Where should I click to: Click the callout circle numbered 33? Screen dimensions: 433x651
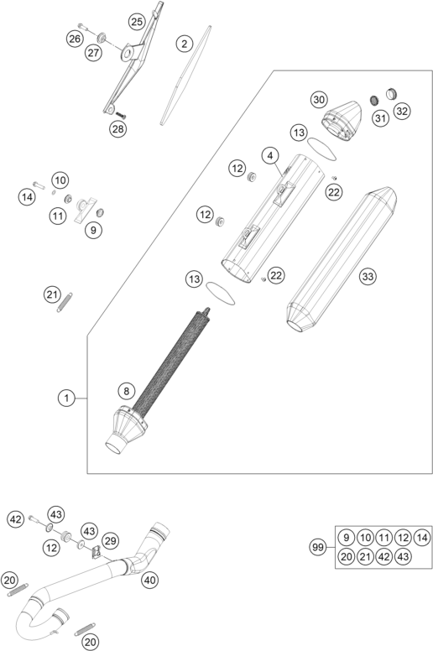pyautogui.click(x=368, y=276)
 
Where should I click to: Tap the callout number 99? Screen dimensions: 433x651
pyautogui.click(x=317, y=547)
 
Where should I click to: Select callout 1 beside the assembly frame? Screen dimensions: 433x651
pyautogui.click(x=66, y=398)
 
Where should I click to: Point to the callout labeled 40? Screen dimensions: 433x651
pyautogui.click(x=150, y=579)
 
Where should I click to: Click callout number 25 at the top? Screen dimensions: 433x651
pyautogui.click(x=137, y=22)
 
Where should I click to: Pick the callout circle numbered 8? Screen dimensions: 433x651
pyautogui.click(x=127, y=391)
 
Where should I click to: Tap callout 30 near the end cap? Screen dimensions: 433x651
pyautogui.click(x=319, y=100)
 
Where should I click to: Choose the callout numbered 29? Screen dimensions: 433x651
pyautogui.click(x=110, y=540)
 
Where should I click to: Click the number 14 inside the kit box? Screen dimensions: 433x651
pyautogui.click(x=422, y=538)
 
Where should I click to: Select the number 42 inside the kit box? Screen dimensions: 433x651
pyautogui.click(x=384, y=556)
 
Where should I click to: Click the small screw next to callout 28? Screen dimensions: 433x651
pyautogui.click(x=120, y=115)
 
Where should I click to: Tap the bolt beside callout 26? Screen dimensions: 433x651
pyautogui.click(x=83, y=27)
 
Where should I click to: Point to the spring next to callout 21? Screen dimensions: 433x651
pyautogui.click(x=65, y=302)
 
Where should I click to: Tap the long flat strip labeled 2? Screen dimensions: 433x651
pyautogui.click(x=185, y=76)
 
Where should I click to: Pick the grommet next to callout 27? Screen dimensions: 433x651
pyautogui.click(x=102, y=39)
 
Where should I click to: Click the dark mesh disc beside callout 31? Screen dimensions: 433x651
pyautogui.click(x=375, y=100)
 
